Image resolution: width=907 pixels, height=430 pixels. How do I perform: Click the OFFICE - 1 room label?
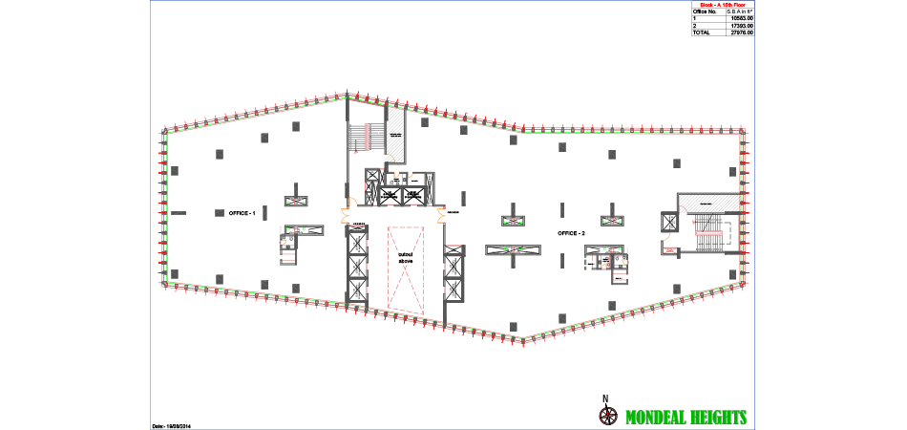(242, 213)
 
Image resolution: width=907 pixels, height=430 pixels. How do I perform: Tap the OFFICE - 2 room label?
(571, 233)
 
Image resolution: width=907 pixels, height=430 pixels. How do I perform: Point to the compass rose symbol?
(606, 416)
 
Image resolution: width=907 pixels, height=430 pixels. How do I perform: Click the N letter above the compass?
(604, 398)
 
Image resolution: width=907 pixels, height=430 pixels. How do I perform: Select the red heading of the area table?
(723, 4)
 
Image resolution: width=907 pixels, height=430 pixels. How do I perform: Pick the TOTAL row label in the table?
(704, 32)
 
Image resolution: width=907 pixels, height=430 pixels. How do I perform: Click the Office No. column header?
(705, 11)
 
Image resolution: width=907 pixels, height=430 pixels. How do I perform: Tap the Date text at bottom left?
(172, 425)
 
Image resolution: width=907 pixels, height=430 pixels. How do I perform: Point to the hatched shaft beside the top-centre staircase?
(395, 135)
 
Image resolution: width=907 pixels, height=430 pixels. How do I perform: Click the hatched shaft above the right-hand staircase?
(707, 203)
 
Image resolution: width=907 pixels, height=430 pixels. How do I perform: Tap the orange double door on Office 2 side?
(442, 216)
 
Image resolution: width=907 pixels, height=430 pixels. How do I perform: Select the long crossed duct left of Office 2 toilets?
(513, 250)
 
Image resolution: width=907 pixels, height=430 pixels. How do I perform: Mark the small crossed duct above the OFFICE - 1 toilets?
(296, 201)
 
